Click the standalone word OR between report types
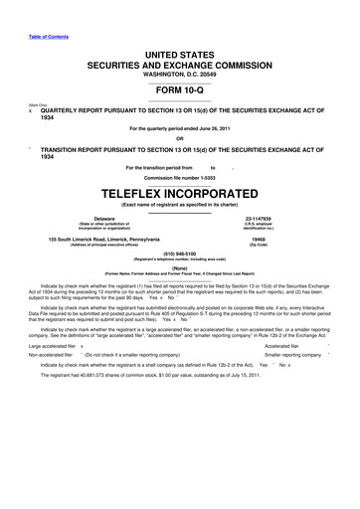click(x=180, y=137)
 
